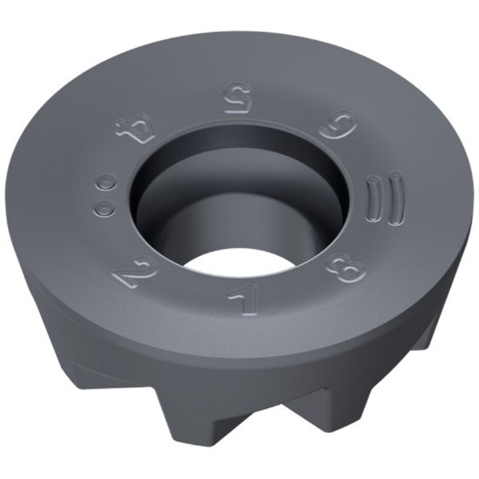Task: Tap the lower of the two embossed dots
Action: [x=104, y=207]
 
